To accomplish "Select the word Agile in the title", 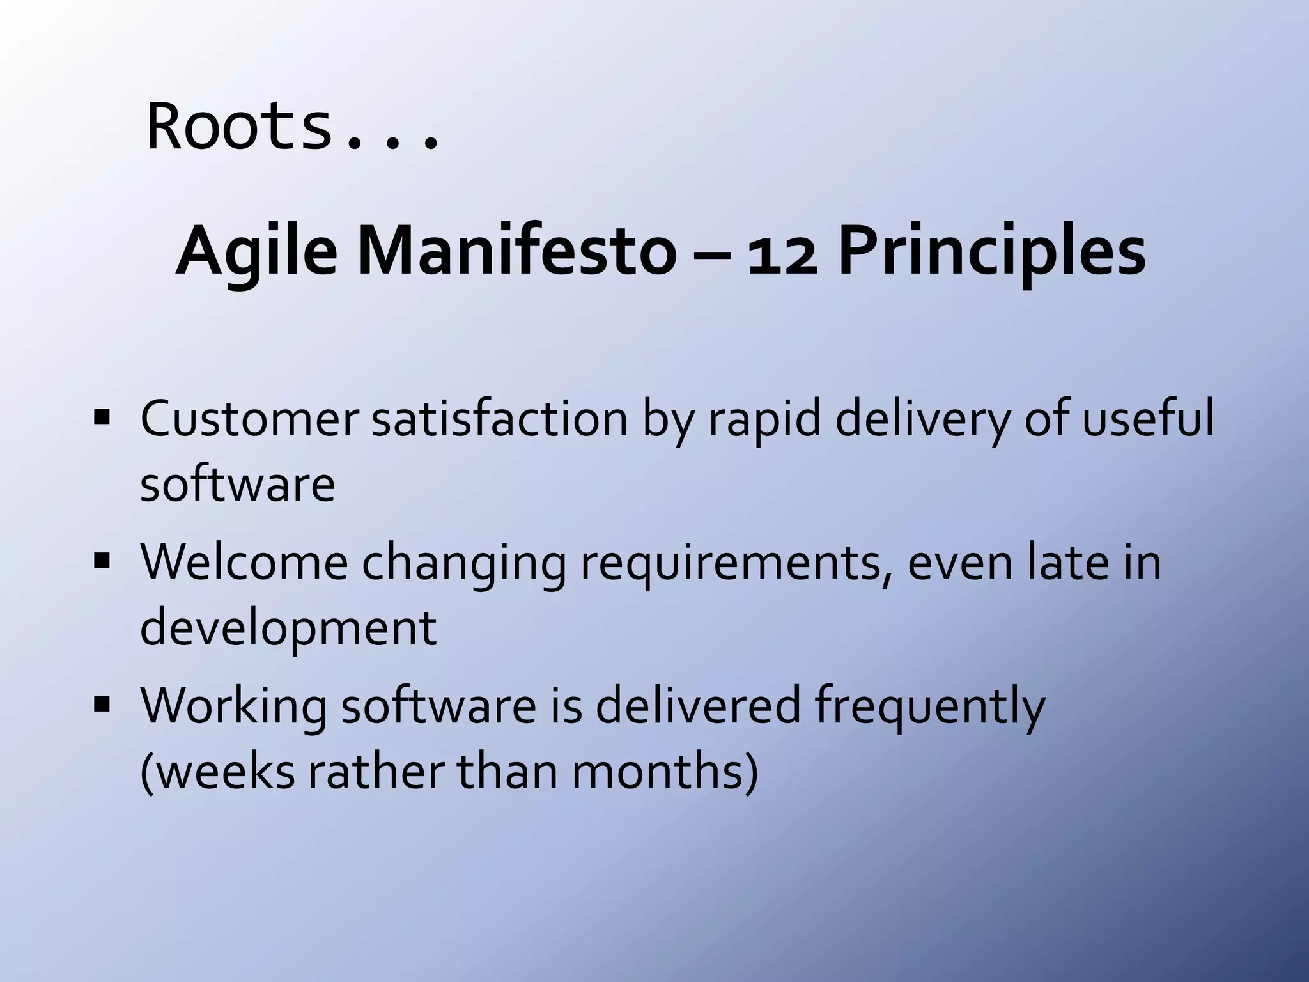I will (256, 253).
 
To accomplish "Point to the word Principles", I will (991, 253).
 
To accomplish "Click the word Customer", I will (249, 419).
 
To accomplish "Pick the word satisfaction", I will (499, 419).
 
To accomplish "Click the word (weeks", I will (217, 771).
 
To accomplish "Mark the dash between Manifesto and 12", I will (709, 254).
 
